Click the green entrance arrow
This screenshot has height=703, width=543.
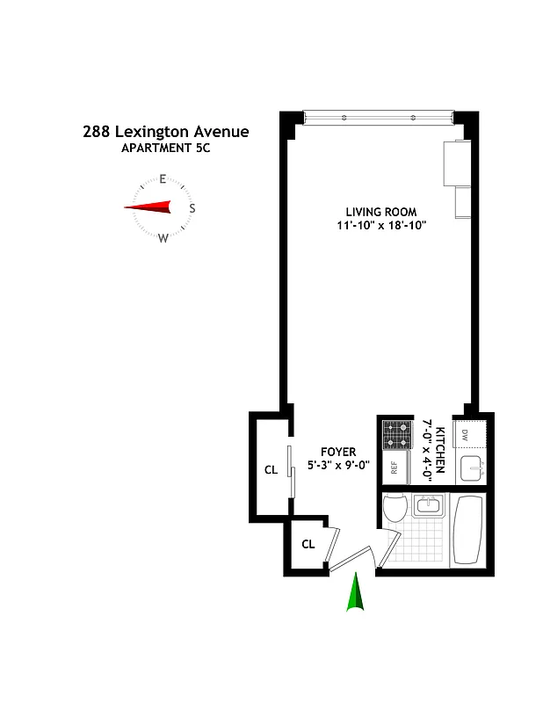(356, 591)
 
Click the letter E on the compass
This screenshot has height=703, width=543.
(163, 179)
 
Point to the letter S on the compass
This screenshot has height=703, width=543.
(192, 208)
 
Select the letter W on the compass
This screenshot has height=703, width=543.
(163, 237)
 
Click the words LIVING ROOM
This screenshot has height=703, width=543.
(380, 212)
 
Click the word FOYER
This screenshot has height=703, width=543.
(338, 452)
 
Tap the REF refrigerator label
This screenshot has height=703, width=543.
(395, 467)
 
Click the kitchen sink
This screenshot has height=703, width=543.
(472, 467)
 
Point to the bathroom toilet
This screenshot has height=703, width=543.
(395, 511)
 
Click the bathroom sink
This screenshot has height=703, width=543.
(429, 505)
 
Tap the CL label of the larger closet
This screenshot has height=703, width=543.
(271, 470)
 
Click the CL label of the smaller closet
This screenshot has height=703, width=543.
(308, 544)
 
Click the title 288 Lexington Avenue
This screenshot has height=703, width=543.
(166, 132)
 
